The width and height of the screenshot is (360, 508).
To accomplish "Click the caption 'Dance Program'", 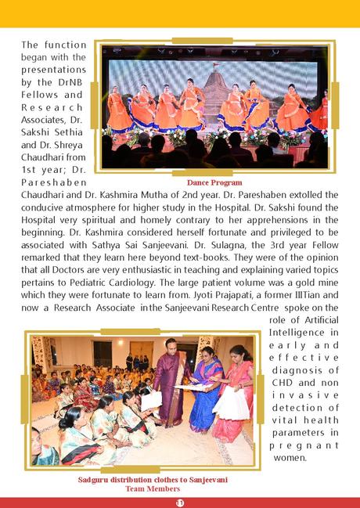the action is pyautogui.click(x=215, y=182).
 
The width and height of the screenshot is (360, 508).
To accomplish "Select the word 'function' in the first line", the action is pyautogui.click(x=68, y=45).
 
